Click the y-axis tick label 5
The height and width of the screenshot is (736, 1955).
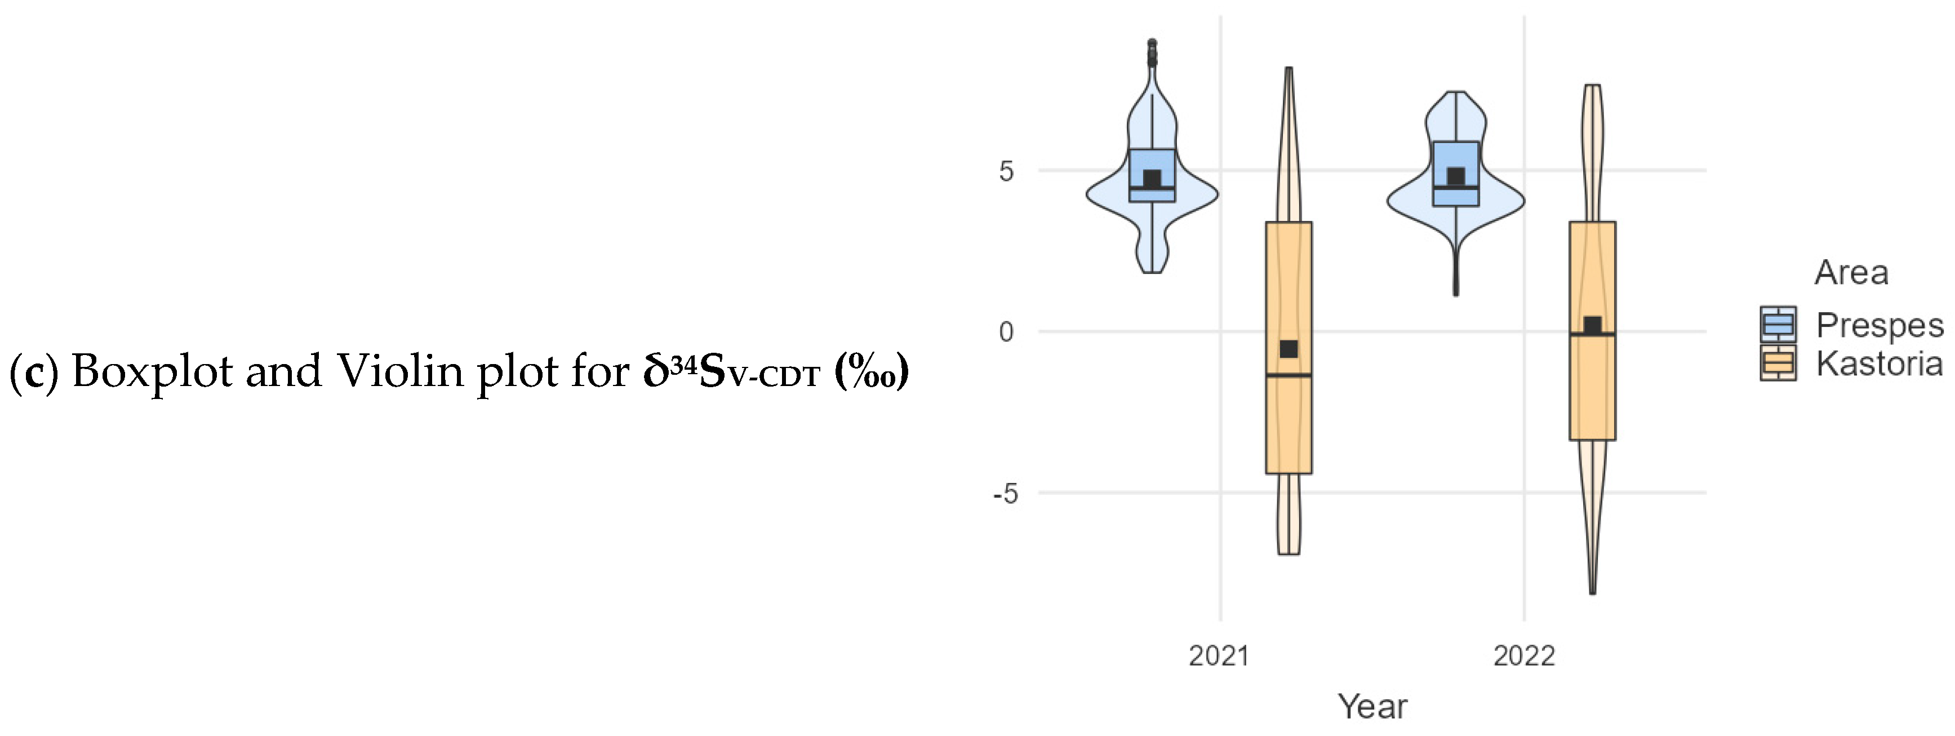click(x=1006, y=171)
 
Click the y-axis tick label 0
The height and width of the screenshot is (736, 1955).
click(x=1006, y=332)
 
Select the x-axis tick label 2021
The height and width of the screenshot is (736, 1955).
click(x=1219, y=655)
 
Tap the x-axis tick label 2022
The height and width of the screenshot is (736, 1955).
click(x=1524, y=655)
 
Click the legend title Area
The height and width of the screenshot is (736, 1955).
click(x=1851, y=272)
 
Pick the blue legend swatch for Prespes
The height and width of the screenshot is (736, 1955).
click(x=1778, y=324)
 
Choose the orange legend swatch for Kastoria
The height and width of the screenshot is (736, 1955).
click(x=1778, y=363)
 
